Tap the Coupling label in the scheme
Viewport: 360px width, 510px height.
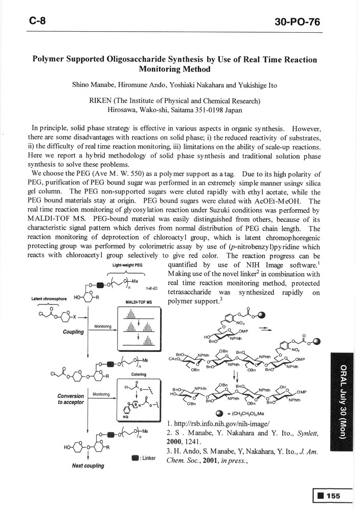click(73, 331)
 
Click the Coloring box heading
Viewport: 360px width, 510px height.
click(139, 374)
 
